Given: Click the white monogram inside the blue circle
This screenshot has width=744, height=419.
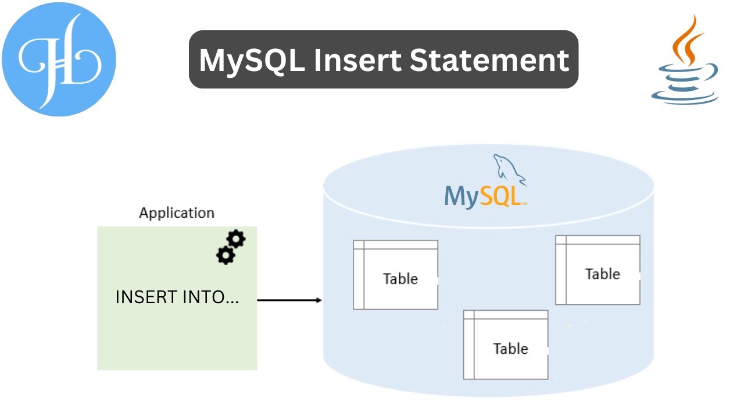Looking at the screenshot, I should pyautogui.click(x=59, y=60).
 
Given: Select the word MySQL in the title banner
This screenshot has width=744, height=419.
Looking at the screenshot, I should pyautogui.click(x=251, y=60).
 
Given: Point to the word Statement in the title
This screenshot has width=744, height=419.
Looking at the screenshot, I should pyautogui.click(x=489, y=60).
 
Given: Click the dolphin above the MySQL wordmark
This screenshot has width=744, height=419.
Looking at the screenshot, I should pyautogui.click(x=509, y=169).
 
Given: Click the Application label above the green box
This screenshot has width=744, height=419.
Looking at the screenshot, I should pyautogui.click(x=177, y=213).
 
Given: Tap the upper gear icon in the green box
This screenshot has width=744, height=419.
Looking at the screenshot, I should pyautogui.click(x=236, y=239).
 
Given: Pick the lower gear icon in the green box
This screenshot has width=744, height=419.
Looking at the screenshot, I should pyautogui.click(x=225, y=255).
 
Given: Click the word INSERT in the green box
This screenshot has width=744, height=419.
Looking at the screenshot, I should pyautogui.click(x=146, y=297).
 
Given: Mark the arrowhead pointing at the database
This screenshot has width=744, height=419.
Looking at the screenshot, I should pyautogui.click(x=319, y=300).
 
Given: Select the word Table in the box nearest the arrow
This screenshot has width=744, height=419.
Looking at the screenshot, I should pyautogui.click(x=400, y=279).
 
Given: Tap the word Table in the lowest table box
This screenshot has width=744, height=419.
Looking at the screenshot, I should pyautogui.click(x=511, y=349).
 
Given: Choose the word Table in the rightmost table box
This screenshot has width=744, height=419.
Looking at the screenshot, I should pyautogui.click(x=602, y=274).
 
